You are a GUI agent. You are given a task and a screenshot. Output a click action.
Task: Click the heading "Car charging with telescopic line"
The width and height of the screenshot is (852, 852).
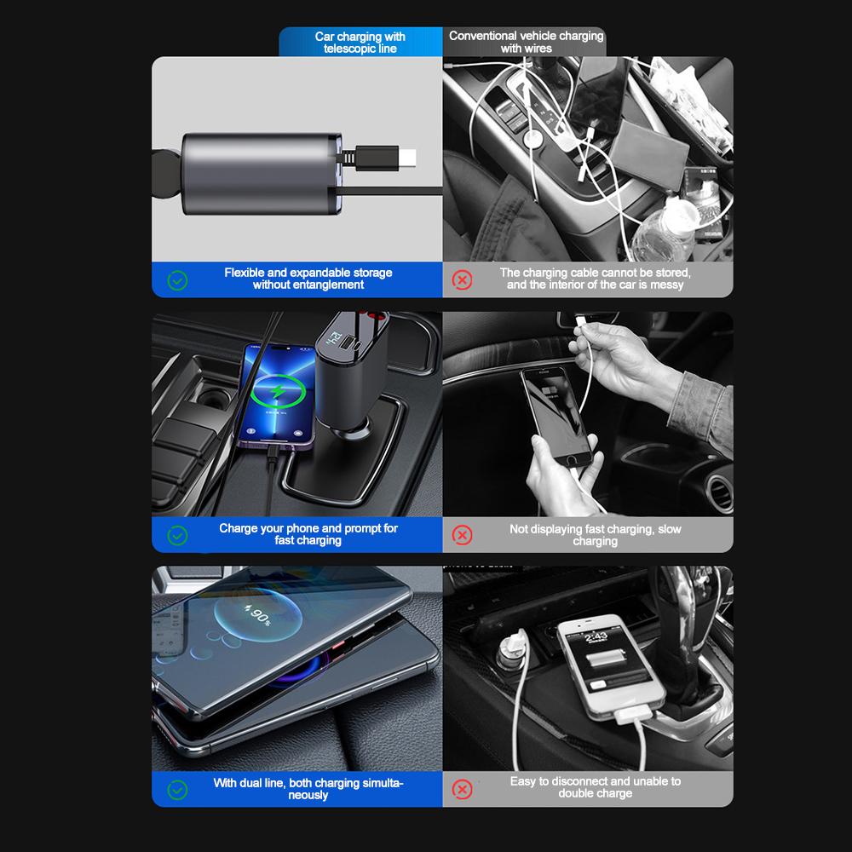[x=360, y=43]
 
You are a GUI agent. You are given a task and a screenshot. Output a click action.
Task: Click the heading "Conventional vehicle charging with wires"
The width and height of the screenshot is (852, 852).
[x=526, y=42]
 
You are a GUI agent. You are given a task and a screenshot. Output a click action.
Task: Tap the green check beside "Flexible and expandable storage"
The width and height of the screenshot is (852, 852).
[x=177, y=279]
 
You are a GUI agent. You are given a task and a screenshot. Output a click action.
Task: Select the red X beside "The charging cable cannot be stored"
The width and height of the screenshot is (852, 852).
[x=462, y=279]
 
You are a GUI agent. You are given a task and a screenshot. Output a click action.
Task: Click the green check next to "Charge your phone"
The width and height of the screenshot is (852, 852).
[x=177, y=535]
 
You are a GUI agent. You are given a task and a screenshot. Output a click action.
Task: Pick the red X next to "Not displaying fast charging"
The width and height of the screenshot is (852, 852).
[x=462, y=535]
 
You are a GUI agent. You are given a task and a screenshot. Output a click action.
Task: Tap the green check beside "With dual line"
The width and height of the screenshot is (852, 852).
[x=177, y=790]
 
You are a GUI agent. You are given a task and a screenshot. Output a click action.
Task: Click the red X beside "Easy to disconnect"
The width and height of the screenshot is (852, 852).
[x=462, y=789]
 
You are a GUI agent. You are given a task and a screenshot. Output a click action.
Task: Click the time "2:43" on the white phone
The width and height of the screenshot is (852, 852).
[x=596, y=636]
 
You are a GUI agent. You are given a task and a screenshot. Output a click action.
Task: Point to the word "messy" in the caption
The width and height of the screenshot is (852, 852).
[x=667, y=285]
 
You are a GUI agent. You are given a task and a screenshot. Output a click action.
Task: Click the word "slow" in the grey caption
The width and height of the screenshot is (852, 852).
[x=669, y=529]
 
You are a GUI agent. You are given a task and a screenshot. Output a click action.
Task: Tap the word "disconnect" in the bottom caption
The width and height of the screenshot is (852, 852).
[x=583, y=781]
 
